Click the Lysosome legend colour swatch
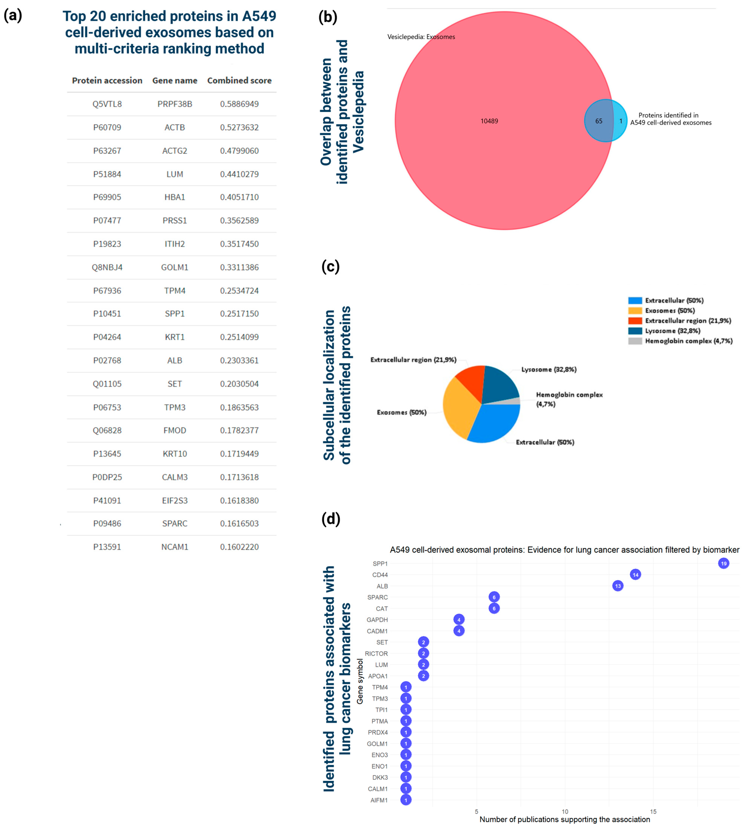(x=635, y=331)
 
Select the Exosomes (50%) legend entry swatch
(x=635, y=310)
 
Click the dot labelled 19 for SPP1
(x=723, y=563)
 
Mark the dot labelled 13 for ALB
(x=617, y=586)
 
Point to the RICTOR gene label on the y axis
(x=376, y=653)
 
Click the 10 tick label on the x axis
(x=565, y=811)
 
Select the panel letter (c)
(x=330, y=267)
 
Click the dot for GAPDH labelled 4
(x=459, y=619)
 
